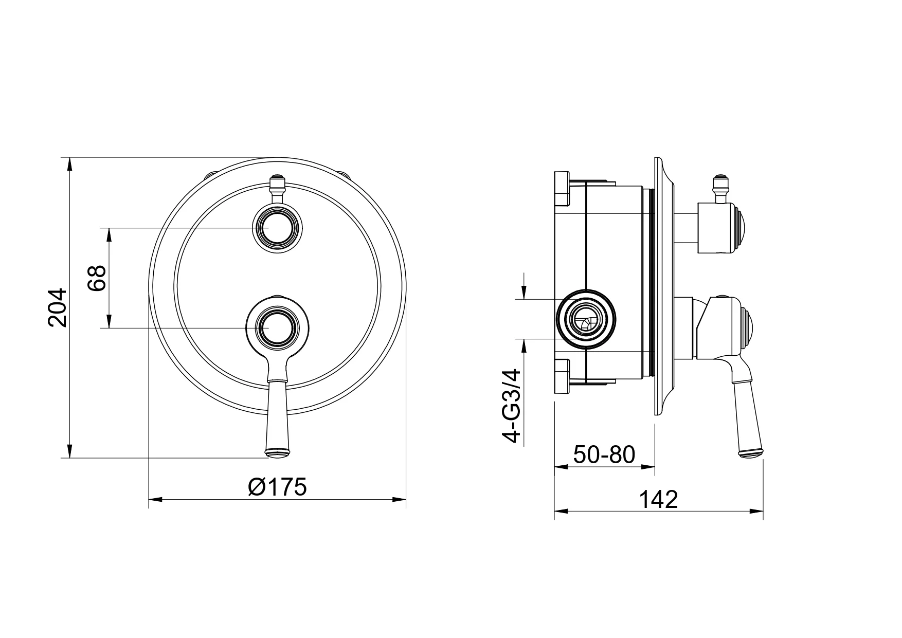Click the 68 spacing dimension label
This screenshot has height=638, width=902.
point(96,278)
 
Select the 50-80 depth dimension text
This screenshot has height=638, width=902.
point(604,454)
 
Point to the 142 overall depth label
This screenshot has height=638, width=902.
point(659,499)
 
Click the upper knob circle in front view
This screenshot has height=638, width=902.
point(278,227)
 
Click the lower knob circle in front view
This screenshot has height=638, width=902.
point(278,327)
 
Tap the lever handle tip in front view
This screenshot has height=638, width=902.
point(278,453)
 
